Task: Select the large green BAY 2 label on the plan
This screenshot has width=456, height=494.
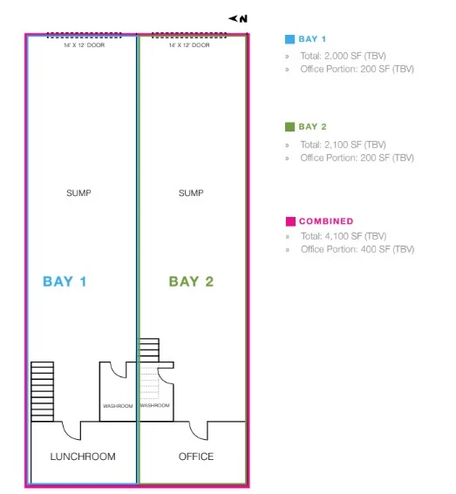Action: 191,281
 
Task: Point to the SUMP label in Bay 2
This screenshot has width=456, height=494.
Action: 190,193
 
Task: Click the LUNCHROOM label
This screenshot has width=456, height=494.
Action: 83,457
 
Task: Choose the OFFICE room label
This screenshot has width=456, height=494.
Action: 195,457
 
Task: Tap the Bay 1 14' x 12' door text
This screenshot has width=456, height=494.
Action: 83,44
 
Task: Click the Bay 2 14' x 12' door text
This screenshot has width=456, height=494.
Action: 189,44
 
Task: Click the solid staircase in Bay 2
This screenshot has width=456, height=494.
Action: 150,351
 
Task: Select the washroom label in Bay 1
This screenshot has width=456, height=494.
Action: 117,406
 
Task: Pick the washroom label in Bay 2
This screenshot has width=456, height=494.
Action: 154,406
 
